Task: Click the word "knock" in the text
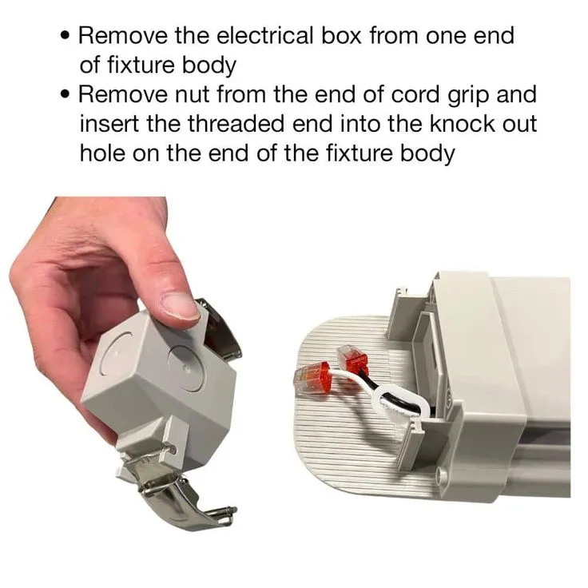click(x=462, y=124)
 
